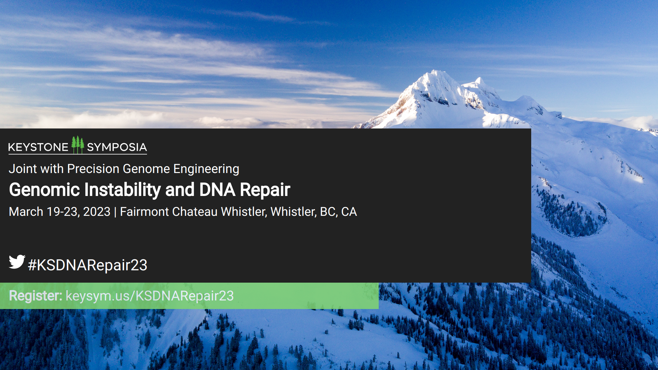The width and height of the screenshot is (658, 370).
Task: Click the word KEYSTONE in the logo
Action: click(38, 147)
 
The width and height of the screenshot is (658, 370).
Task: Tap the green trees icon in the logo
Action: click(78, 145)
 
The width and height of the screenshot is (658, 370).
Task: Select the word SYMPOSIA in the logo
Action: click(117, 147)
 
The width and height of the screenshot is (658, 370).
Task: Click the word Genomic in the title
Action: click(45, 190)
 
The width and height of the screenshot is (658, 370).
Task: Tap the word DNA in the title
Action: click(217, 190)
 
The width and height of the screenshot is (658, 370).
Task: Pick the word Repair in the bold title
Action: click(265, 190)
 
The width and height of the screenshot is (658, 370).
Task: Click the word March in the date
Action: click(26, 212)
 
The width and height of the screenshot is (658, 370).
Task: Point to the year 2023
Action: click(97, 212)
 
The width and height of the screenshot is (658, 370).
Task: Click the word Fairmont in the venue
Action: click(144, 212)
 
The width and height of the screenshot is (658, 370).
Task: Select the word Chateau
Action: click(195, 212)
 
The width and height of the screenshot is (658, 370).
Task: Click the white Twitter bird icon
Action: click(17, 262)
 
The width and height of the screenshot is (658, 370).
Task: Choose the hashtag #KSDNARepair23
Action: click(88, 265)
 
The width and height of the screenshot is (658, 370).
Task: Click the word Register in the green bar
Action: click(36, 296)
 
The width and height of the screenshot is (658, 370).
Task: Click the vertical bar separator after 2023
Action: click(115, 212)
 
